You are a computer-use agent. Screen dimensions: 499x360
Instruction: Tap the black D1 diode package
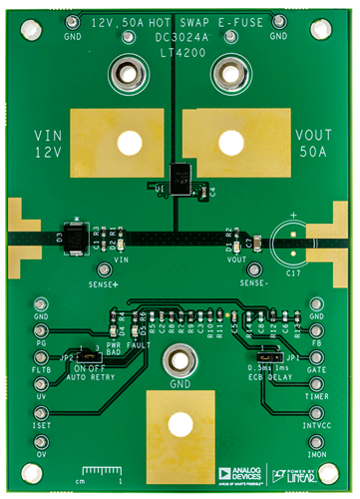pos(73,237)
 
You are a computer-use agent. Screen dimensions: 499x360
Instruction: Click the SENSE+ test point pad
pos(104,268)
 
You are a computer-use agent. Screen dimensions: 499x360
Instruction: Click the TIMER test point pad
pos(318,393)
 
